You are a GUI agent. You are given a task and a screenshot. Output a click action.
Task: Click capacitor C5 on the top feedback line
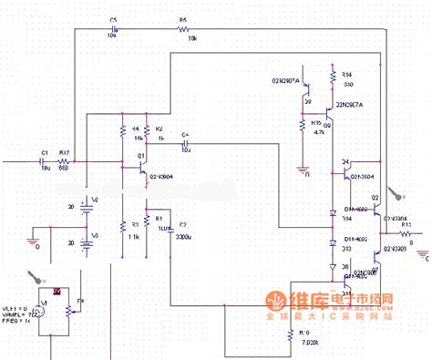(115, 28)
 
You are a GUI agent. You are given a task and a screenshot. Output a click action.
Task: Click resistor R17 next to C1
(66, 160)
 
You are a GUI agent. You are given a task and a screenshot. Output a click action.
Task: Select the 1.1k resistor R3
(121, 226)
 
